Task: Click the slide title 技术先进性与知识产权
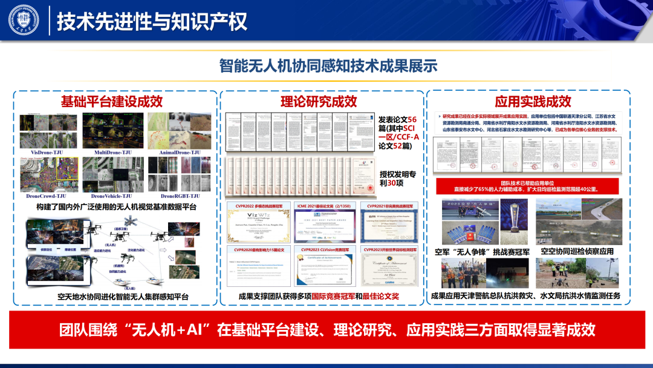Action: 152,21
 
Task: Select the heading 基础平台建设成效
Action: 112,101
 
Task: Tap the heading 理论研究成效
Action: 319,101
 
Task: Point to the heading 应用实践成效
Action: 533,101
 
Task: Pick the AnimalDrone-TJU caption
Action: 180,153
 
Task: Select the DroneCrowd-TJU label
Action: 48,196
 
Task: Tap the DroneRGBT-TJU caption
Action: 180,196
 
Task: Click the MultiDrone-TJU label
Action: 112,153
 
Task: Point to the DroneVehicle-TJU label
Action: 112,196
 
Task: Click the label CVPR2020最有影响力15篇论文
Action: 259,249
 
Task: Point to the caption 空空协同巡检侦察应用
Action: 577,251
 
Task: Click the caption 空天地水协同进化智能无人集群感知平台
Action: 115,296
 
